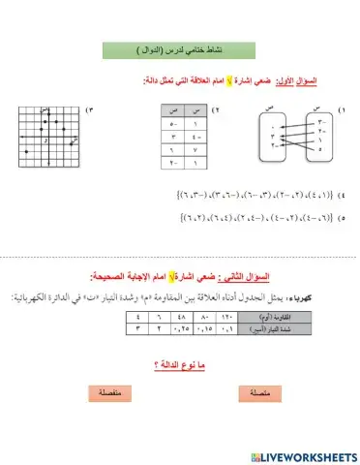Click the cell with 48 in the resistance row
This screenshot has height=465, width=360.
[x=178, y=316]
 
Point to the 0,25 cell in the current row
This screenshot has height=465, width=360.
[x=178, y=328]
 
